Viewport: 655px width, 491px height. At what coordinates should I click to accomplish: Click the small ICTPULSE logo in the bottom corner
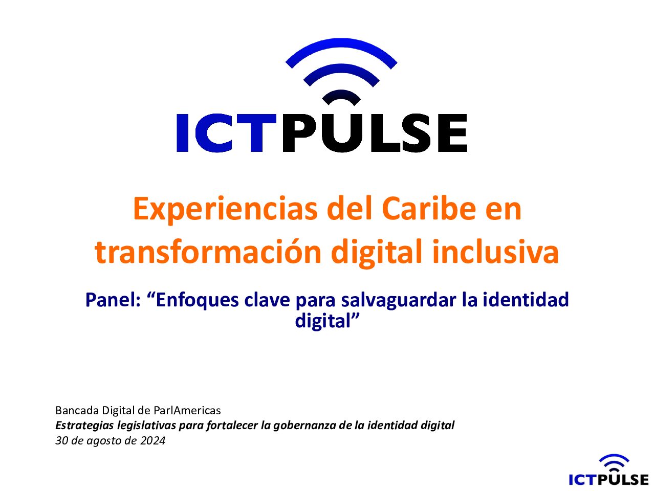[x=608, y=472]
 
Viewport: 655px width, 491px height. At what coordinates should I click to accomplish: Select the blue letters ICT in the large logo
[x=226, y=133]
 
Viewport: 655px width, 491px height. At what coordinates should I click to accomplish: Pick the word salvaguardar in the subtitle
[x=399, y=301]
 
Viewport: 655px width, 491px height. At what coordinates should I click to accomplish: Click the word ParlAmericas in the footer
[x=187, y=411]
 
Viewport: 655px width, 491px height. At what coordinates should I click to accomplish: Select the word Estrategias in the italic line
[x=84, y=426]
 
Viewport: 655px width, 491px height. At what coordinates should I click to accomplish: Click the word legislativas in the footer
[x=146, y=426]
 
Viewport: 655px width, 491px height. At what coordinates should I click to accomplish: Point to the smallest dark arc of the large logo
[x=341, y=96]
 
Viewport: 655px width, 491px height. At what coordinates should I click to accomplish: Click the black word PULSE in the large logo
[x=375, y=133]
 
